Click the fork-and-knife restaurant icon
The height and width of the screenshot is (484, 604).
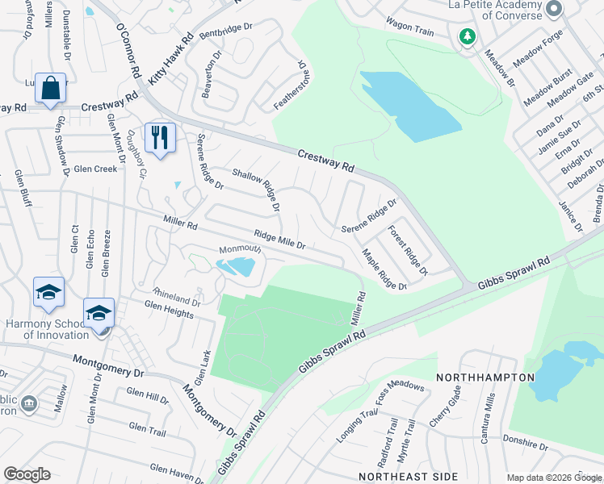pos(160,137)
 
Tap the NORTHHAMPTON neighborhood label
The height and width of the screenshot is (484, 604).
pos(485,378)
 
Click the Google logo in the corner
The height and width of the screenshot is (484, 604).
pos(27,474)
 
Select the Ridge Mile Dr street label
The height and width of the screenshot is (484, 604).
pos(279,239)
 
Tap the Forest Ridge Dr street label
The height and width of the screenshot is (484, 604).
pos(406,248)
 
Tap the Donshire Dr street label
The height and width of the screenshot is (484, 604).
pos(525,446)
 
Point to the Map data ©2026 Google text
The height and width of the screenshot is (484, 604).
pos(553,477)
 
